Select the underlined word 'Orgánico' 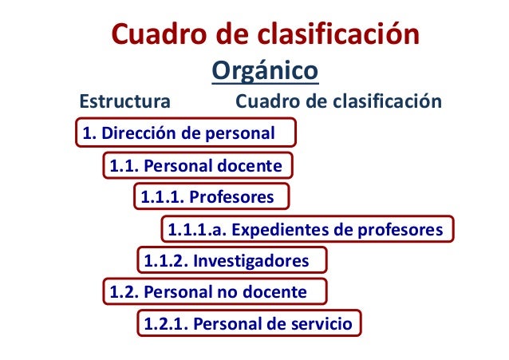tap(265, 72)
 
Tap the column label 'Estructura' tap(122, 103)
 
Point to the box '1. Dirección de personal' tap(186, 133)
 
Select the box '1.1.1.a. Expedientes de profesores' tap(306, 229)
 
